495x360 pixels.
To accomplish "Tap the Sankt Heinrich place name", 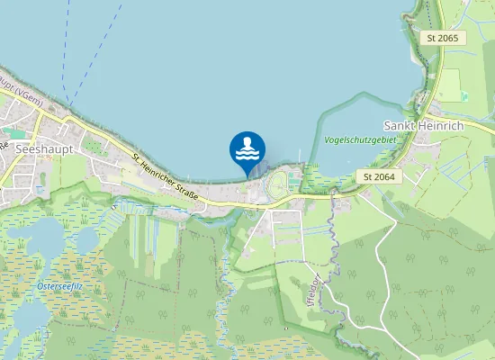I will pos(423,125).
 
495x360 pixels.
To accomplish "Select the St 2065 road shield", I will pos(442,38).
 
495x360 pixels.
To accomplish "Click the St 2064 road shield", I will pos(380,176).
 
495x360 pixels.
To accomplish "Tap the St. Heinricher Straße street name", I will pos(165,178).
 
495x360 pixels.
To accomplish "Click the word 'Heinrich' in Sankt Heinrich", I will pos(440,125).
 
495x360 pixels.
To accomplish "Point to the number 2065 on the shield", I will pos(447,38).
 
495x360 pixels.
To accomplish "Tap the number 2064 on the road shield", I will pos(385,176).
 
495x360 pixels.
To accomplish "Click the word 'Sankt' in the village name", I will pos(399,125).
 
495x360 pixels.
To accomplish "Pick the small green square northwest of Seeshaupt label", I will pos(7,131).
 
